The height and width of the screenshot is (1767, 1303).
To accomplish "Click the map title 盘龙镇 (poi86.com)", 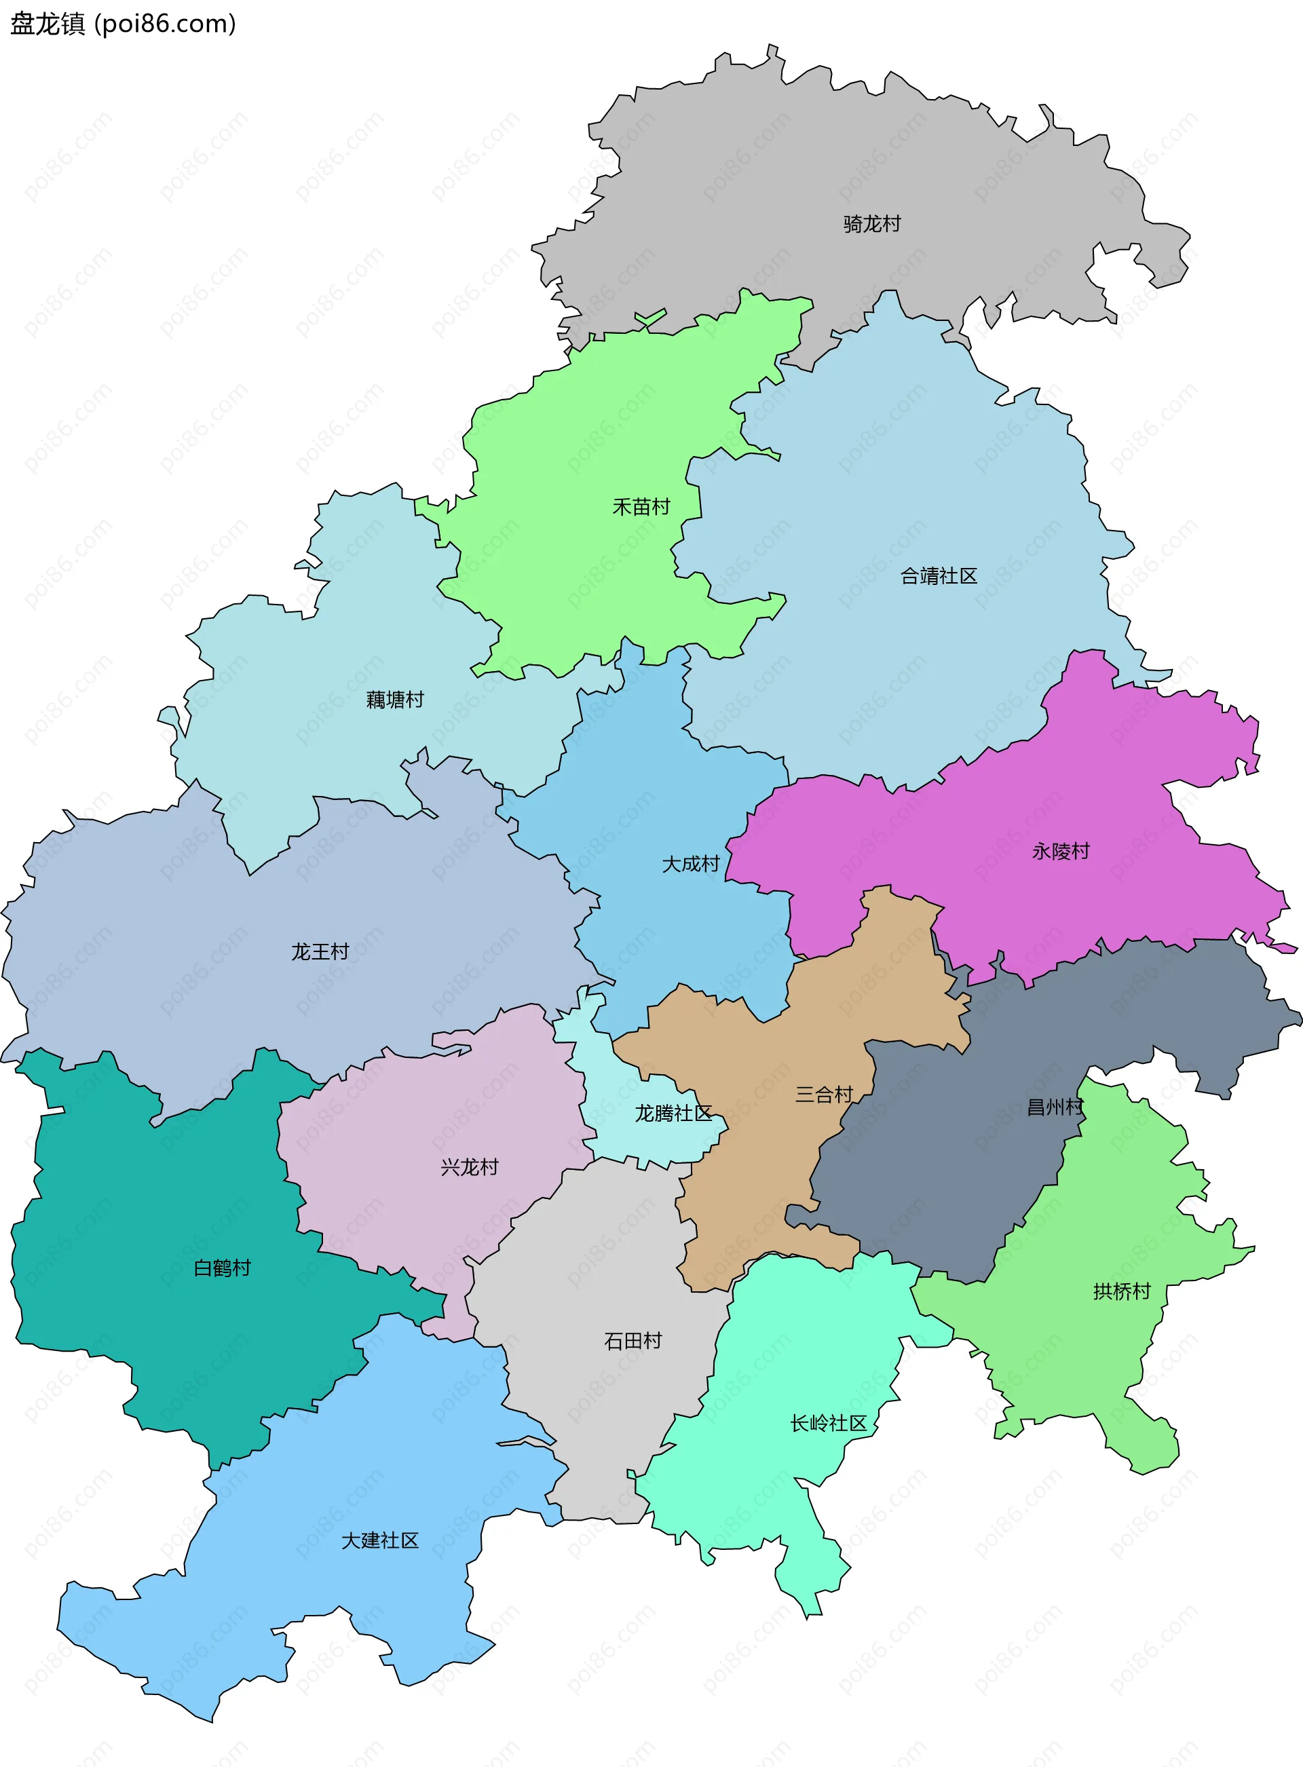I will (x=123, y=24).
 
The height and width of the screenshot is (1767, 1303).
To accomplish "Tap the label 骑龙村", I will (x=871, y=224).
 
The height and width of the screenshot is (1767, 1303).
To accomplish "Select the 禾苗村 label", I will (x=641, y=506).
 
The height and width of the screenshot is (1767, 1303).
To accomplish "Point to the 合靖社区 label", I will (x=939, y=575).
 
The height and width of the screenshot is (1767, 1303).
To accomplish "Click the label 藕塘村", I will (x=395, y=700).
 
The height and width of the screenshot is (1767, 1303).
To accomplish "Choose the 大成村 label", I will (x=691, y=863).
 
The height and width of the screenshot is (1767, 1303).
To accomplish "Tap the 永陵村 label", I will (x=1061, y=851).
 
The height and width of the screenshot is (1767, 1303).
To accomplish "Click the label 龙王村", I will (x=320, y=952).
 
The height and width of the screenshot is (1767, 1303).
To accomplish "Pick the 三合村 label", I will (x=825, y=1095).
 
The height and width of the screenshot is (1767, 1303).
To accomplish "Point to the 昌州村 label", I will (x=1055, y=1107).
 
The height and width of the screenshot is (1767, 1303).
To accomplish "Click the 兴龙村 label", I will (x=470, y=1166).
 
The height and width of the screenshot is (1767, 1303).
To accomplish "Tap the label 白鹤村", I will (x=223, y=1267).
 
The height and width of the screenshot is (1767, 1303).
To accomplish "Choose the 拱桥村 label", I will (x=1122, y=1291).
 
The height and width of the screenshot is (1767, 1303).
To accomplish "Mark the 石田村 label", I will (x=632, y=1340).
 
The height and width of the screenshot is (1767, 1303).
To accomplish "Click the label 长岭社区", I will (x=828, y=1423).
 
